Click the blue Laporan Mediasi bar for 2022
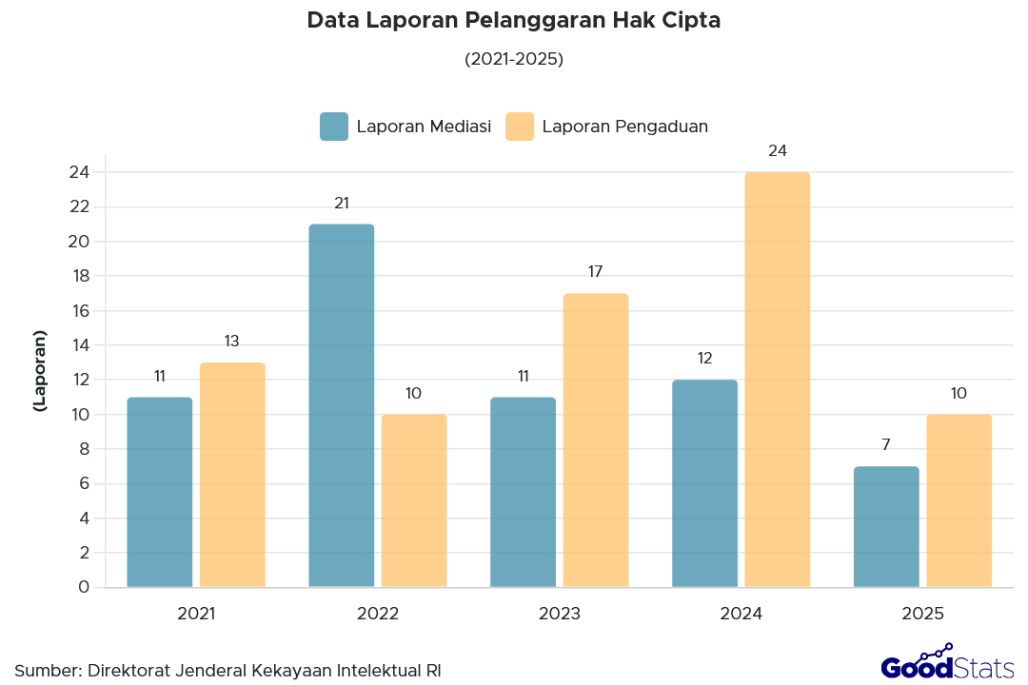(x=341, y=405)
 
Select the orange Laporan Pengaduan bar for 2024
(x=777, y=380)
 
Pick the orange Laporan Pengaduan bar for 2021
(x=232, y=475)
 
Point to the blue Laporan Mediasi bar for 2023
(x=523, y=492)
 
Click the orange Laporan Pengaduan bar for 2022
(x=414, y=500)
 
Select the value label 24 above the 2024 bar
(x=778, y=150)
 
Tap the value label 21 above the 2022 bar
(x=342, y=203)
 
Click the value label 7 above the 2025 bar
(x=886, y=444)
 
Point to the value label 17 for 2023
(x=596, y=272)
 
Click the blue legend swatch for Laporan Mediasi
(x=334, y=127)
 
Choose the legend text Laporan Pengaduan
(x=624, y=127)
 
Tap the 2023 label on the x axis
(x=560, y=614)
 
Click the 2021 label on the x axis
(x=196, y=614)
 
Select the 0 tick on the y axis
(x=85, y=587)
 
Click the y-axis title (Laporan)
(x=39, y=371)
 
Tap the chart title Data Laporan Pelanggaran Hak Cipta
(x=514, y=21)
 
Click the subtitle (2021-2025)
(x=514, y=59)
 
